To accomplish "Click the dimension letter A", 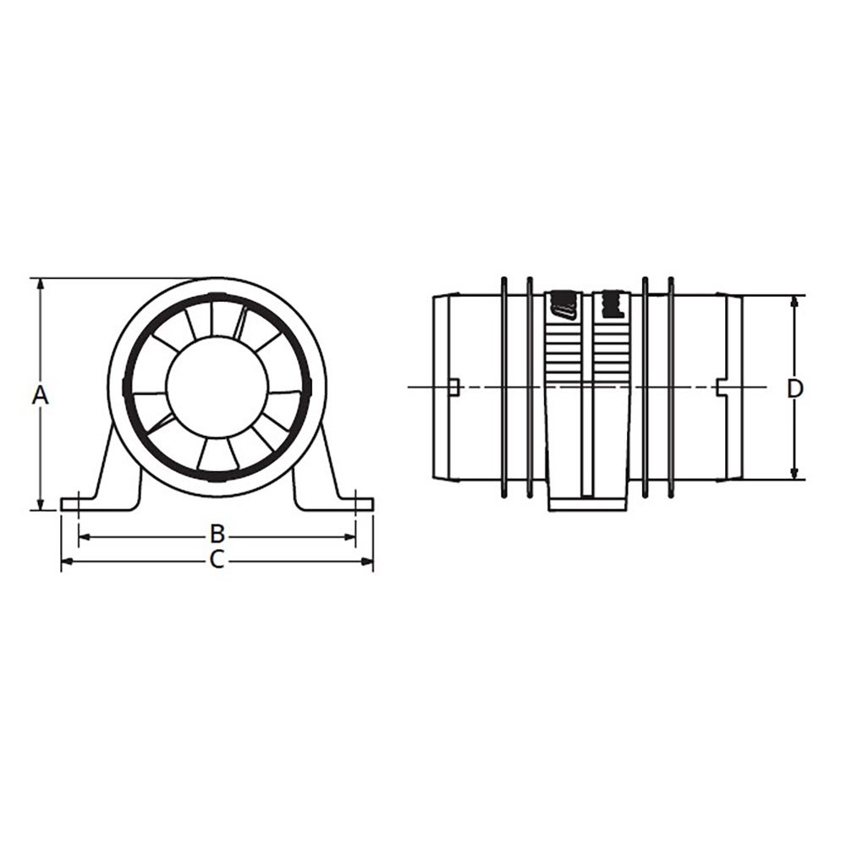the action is (x=40, y=394).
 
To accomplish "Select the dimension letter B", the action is (x=217, y=534).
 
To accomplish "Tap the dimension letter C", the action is (x=217, y=559).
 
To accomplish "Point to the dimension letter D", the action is (x=794, y=388).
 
